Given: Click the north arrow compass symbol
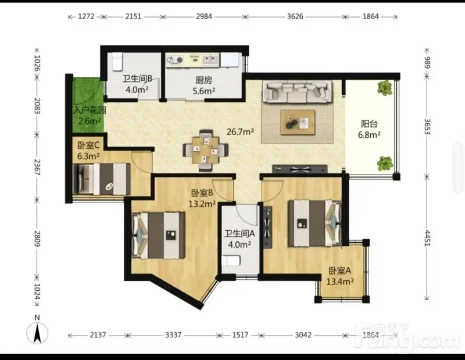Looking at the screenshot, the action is (37, 333).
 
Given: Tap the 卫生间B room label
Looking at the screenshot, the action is (137, 79).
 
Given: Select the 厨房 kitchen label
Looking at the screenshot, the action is (204, 80).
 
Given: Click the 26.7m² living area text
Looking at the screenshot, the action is (240, 131).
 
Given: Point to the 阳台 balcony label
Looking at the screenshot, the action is (369, 124).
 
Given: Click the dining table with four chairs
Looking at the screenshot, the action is (206, 151).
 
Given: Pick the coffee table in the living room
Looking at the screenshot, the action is (298, 122).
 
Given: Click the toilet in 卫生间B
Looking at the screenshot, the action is (117, 62).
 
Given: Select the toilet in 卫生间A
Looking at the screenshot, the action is (231, 261).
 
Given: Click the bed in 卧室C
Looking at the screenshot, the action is (101, 179).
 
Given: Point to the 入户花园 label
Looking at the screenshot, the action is (90, 111).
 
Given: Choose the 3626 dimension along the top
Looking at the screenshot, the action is (295, 16).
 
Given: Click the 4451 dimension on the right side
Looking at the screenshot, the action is (427, 238).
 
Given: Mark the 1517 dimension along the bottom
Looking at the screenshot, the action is (240, 335).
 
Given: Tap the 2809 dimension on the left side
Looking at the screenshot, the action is (37, 238).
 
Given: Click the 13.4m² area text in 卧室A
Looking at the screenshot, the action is (340, 281).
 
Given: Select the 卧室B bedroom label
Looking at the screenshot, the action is (202, 193).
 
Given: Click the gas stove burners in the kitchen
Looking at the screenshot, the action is (175, 60).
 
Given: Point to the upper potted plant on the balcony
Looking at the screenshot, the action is (385, 88).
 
